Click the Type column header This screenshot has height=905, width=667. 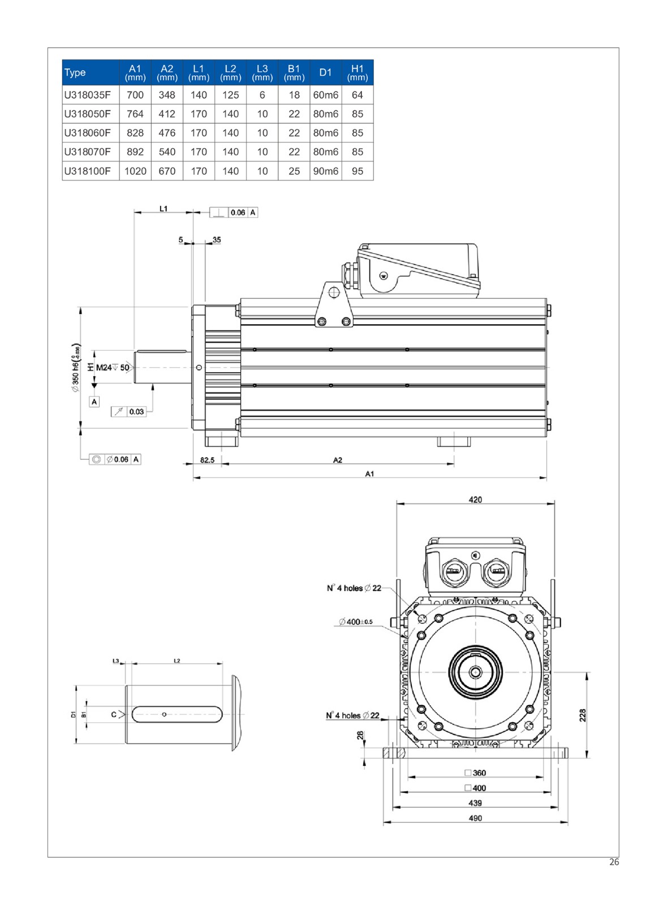pyautogui.click(x=75, y=72)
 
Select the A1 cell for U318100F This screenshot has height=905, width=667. pyautogui.click(x=135, y=171)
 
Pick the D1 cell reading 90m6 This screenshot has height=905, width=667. pyautogui.click(x=326, y=171)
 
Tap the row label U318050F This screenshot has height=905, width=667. pyautogui.click(x=88, y=114)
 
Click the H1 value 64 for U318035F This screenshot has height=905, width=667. pyautogui.click(x=358, y=95)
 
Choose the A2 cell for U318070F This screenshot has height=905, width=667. pyautogui.click(x=167, y=152)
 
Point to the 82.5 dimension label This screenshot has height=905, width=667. pyautogui.click(x=208, y=460)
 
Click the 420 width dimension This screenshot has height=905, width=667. pyautogui.click(x=475, y=499)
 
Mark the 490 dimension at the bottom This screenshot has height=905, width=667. pyautogui.click(x=475, y=818)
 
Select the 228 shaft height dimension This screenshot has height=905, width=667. pyautogui.click(x=583, y=715)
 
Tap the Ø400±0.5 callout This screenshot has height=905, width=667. pyautogui.click(x=355, y=622)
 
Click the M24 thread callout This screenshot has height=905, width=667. pyautogui.click(x=104, y=368)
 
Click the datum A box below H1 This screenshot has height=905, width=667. pyautogui.click(x=94, y=402)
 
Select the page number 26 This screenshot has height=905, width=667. pyautogui.click(x=614, y=863)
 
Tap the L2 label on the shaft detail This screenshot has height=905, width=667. pyautogui.click(x=177, y=661)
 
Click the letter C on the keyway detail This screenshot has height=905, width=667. pyautogui.click(x=114, y=714)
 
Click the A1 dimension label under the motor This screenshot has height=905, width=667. pyautogui.click(x=369, y=474)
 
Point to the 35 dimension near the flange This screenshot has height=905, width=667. pyautogui.click(x=217, y=240)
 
